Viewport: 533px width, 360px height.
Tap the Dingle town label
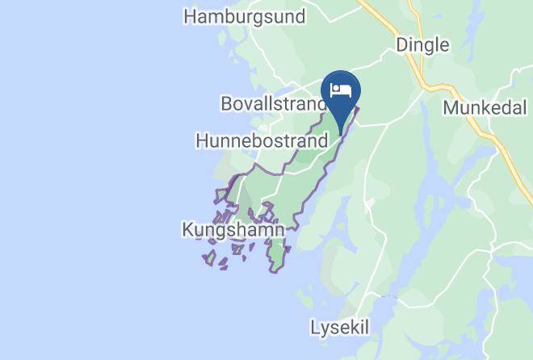(x=422, y=45)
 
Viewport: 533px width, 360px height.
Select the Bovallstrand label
(x=274, y=105)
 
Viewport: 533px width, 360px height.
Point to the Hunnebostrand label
(x=262, y=140)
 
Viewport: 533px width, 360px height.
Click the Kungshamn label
(x=233, y=230)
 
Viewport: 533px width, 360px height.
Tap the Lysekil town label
(x=340, y=328)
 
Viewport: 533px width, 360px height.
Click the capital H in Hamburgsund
(x=191, y=16)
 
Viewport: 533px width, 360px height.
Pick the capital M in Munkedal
(x=450, y=107)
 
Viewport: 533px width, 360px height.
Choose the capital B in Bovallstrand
(x=226, y=105)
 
